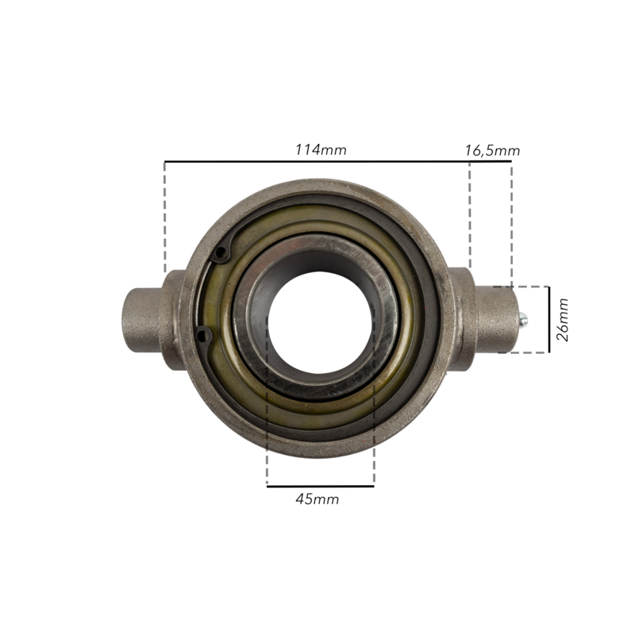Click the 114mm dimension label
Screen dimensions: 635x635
click(321, 150)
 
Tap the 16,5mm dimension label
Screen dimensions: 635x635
click(492, 151)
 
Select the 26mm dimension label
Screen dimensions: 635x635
click(563, 320)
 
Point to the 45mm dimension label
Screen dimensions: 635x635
click(317, 499)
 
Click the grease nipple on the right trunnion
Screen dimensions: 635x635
click(523, 319)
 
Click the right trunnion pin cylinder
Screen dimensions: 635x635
click(498, 319)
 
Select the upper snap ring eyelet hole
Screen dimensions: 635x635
click(221, 253)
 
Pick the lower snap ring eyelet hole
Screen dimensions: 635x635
click(202, 334)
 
